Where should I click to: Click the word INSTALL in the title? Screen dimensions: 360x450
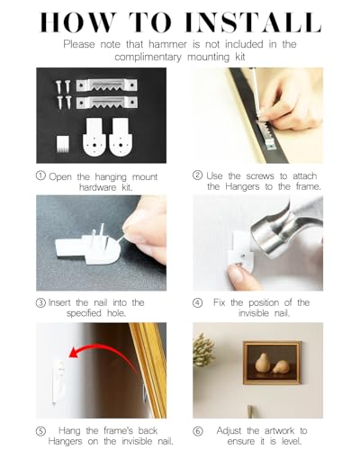253,22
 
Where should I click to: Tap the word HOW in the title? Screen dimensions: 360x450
77,22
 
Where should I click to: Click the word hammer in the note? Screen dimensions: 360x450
167,44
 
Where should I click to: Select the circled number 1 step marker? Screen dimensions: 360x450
40,175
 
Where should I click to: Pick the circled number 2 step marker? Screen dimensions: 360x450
197,175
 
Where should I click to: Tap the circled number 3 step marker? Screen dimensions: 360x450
40,302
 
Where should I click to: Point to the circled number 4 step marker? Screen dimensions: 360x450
197,302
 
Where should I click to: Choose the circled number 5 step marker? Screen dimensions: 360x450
40,431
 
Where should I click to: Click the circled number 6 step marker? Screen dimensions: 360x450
198,431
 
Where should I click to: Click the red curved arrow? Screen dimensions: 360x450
102,348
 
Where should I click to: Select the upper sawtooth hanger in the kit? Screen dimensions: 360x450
106,85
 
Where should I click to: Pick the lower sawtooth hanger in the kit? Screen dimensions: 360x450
107,103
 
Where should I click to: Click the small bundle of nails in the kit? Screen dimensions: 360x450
63,143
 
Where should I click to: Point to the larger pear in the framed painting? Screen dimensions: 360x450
262,364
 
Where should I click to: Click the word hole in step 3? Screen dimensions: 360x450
116,313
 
